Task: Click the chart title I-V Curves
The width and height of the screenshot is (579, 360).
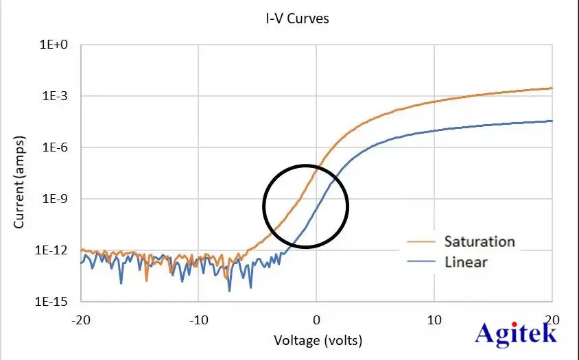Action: (298, 19)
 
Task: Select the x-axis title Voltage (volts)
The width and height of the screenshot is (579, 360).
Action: (318, 340)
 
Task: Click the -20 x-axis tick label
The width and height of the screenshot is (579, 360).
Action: (81, 320)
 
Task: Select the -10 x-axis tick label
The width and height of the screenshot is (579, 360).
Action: (198, 320)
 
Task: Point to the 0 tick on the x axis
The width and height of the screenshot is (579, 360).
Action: (316, 320)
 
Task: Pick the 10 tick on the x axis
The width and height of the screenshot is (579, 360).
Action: (434, 320)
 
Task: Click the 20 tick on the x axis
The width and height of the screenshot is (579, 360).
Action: (552, 320)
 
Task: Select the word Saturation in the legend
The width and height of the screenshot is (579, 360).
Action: (479, 241)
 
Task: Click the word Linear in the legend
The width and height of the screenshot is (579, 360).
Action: (466, 261)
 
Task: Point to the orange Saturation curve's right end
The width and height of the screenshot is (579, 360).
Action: (552, 88)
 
